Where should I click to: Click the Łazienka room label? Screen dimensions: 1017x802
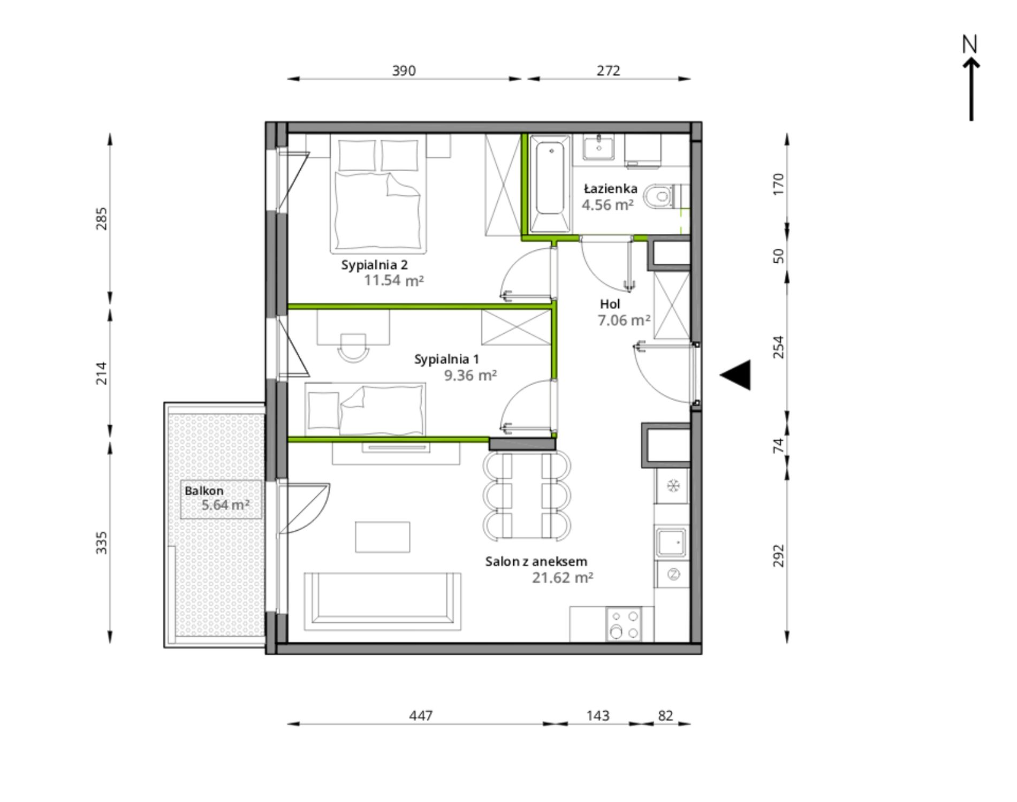[x=611, y=188]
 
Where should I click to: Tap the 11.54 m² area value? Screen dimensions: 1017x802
[x=394, y=280]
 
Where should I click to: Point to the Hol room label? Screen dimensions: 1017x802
[x=610, y=304]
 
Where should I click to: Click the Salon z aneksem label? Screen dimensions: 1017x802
[x=536, y=561]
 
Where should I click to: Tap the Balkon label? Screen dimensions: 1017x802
[x=204, y=491]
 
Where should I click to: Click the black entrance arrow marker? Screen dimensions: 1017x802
[x=735, y=375]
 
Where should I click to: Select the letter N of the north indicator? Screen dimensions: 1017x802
[x=970, y=44]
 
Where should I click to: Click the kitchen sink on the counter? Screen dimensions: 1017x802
[x=671, y=544]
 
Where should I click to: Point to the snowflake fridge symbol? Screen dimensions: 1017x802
[x=672, y=486]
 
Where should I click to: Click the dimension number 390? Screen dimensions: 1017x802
[x=404, y=71]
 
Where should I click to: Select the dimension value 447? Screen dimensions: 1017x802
[x=421, y=715]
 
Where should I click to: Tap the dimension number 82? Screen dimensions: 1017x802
[x=665, y=715]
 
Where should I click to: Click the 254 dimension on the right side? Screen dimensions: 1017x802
[x=779, y=347]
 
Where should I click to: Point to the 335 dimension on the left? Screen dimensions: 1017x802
[x=101, y=543]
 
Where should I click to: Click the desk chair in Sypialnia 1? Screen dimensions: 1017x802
[x=354, y=348]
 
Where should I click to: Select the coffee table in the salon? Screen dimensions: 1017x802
[x=383, y=537]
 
